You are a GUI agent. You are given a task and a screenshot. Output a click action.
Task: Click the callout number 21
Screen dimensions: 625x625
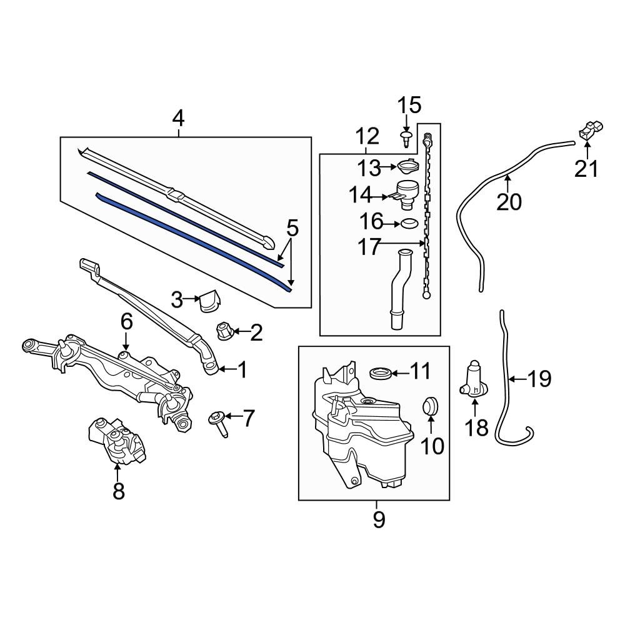click(x=587, y=169)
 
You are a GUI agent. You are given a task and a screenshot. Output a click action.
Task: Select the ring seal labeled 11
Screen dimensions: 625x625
click(x=381, y=374)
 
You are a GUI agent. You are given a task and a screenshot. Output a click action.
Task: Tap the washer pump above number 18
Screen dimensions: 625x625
click(x=474, y=379)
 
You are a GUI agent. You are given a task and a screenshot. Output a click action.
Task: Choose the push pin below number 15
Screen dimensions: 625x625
click(x=407, y=137)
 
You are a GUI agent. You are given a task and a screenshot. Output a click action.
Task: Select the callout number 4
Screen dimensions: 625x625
click(x=179, y=118)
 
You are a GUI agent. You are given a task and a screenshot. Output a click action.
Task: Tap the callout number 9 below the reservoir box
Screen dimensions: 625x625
click(x=379, y=519)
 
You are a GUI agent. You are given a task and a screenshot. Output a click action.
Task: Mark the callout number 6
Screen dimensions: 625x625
click(x=126, y=322)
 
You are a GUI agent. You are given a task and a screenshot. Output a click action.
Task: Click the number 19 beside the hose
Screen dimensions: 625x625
click(x=538, y=379)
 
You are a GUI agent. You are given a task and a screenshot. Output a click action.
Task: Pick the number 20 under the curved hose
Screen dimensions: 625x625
click(x=508, y=202)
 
